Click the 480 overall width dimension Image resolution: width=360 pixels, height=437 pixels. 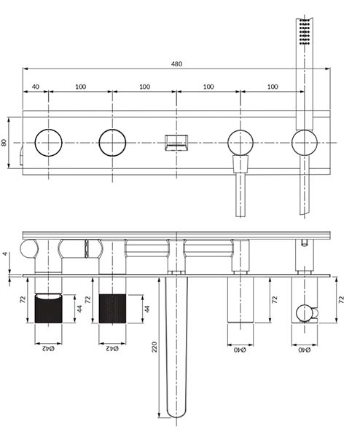[x=176, y=64]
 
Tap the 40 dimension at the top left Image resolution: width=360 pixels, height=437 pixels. [x=36, y=87]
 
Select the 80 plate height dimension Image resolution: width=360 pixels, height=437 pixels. [x=4, y=143]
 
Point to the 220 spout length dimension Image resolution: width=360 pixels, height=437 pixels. [x=154, y=347]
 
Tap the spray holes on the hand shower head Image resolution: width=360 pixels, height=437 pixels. [x=304, y=31]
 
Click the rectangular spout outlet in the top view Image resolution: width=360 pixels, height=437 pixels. [x=176, y=143]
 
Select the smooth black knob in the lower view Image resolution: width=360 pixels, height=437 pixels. [x=48, y=308]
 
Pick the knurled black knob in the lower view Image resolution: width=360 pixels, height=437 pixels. [x=112, y=309]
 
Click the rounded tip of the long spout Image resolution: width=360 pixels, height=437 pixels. [x=176, y=414]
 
